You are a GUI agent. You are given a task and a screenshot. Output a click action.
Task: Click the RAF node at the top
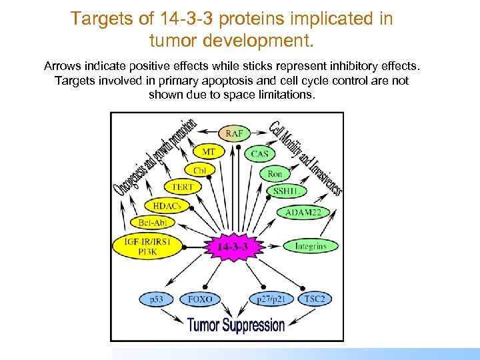(234, 134)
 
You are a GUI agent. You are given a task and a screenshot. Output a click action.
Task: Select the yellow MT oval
(209, 152)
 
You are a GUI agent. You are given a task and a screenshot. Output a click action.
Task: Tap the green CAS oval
(259, 154)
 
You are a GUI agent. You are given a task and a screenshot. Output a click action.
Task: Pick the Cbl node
(200, 170)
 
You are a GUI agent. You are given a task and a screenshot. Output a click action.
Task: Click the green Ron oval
(275, 173)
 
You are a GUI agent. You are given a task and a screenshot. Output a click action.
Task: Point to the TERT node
(182, 187)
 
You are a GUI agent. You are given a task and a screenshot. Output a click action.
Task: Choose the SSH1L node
(285, 191)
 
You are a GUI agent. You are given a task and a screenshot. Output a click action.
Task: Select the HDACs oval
(167, 206)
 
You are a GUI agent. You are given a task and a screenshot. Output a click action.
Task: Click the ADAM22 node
(303, 213)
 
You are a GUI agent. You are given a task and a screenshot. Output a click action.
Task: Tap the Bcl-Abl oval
(153, 222)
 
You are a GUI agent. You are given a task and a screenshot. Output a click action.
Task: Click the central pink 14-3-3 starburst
(233, 247)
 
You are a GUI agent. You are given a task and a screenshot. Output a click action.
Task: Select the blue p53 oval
(157, 299)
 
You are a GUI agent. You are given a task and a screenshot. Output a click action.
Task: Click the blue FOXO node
(200, 299)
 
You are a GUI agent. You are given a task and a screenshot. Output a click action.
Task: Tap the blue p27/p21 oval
(271, 299)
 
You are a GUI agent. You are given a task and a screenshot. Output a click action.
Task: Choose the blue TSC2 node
(313, 299)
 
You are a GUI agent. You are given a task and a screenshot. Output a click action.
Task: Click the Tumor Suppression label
(236, 325)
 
